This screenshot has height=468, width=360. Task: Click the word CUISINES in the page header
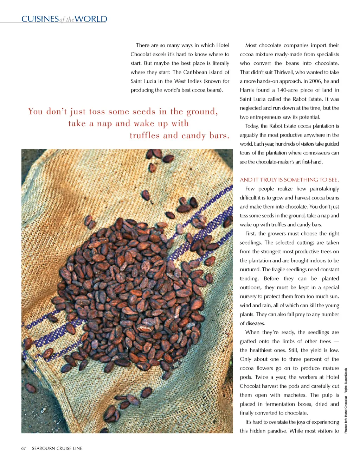pyautogui.click(x=40, y=19)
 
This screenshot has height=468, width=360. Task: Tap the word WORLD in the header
pyautogui.click(x=91, y=19)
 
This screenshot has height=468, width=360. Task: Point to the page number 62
pyautogui.click(x=24, y=448)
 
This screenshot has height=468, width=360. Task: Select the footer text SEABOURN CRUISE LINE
pyautogui.click(x=57, y=448)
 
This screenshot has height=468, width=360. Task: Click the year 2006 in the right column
pyautogui.click(x=315, y=81)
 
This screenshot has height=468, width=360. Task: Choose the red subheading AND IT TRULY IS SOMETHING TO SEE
pyautogui.click(x=289, y=179)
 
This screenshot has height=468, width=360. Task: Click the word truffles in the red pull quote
pyautogui.click(x=145, y=135)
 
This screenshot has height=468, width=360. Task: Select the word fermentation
pyautogui.click(x=280, y=404)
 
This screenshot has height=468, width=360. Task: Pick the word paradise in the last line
pyautogui.click(x=276, y=431)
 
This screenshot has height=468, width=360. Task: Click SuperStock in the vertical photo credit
pyautogui.click(x=346, y=376)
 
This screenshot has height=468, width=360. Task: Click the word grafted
pyautogui.click(x=248, y=341)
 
